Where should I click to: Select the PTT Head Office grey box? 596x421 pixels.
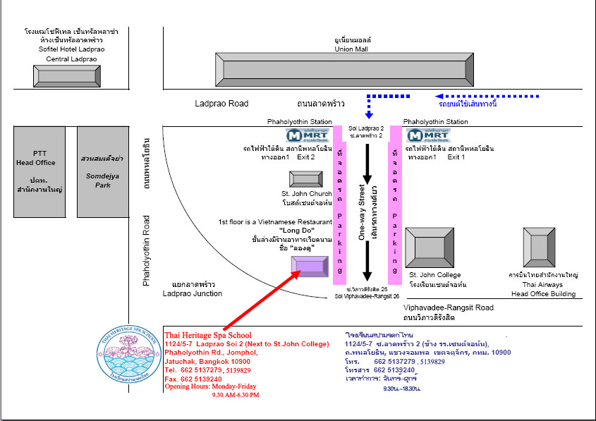(39, 172)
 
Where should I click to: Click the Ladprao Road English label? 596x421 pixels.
(221, 104)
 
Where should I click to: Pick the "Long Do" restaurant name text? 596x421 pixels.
(296, 231)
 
